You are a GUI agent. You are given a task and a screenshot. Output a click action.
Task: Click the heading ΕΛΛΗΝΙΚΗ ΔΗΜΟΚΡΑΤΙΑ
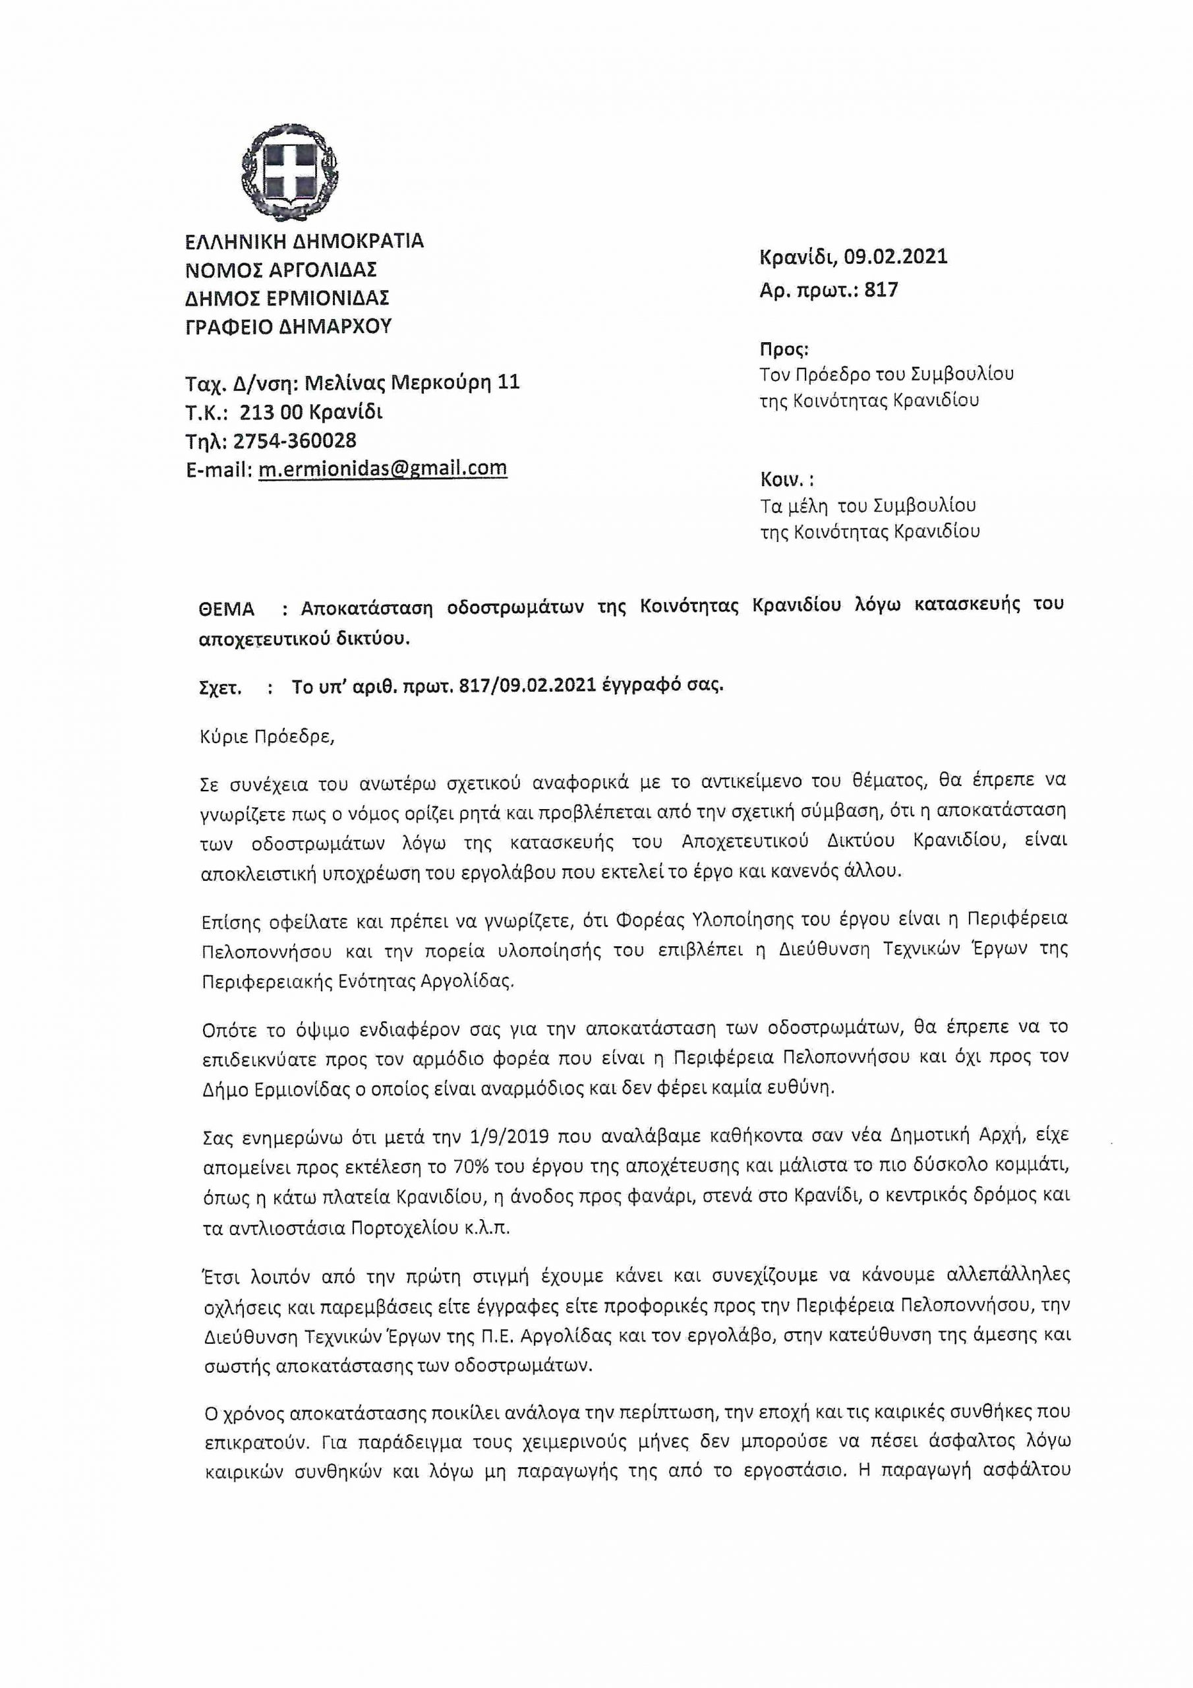point(305,241)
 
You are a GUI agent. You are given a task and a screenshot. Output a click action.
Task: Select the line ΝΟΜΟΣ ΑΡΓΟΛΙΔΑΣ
point(281,270)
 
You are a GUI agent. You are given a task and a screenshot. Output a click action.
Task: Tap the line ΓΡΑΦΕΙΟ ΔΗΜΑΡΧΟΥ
point(289,326)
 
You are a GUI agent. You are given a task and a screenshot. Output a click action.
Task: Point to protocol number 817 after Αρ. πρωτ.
point(881,289)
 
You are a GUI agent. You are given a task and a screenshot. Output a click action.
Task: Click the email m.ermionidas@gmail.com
point(382,468)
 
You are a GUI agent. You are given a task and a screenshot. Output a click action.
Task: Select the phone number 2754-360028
point(295,440)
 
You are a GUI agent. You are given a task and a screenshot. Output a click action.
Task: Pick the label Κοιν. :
point(786,479)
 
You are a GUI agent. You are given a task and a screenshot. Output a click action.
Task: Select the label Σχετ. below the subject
point(221,688)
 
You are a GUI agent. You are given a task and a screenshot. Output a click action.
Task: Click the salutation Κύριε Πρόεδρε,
point(267,737)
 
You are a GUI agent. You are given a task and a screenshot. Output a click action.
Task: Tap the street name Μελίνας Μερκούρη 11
point(412,382)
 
